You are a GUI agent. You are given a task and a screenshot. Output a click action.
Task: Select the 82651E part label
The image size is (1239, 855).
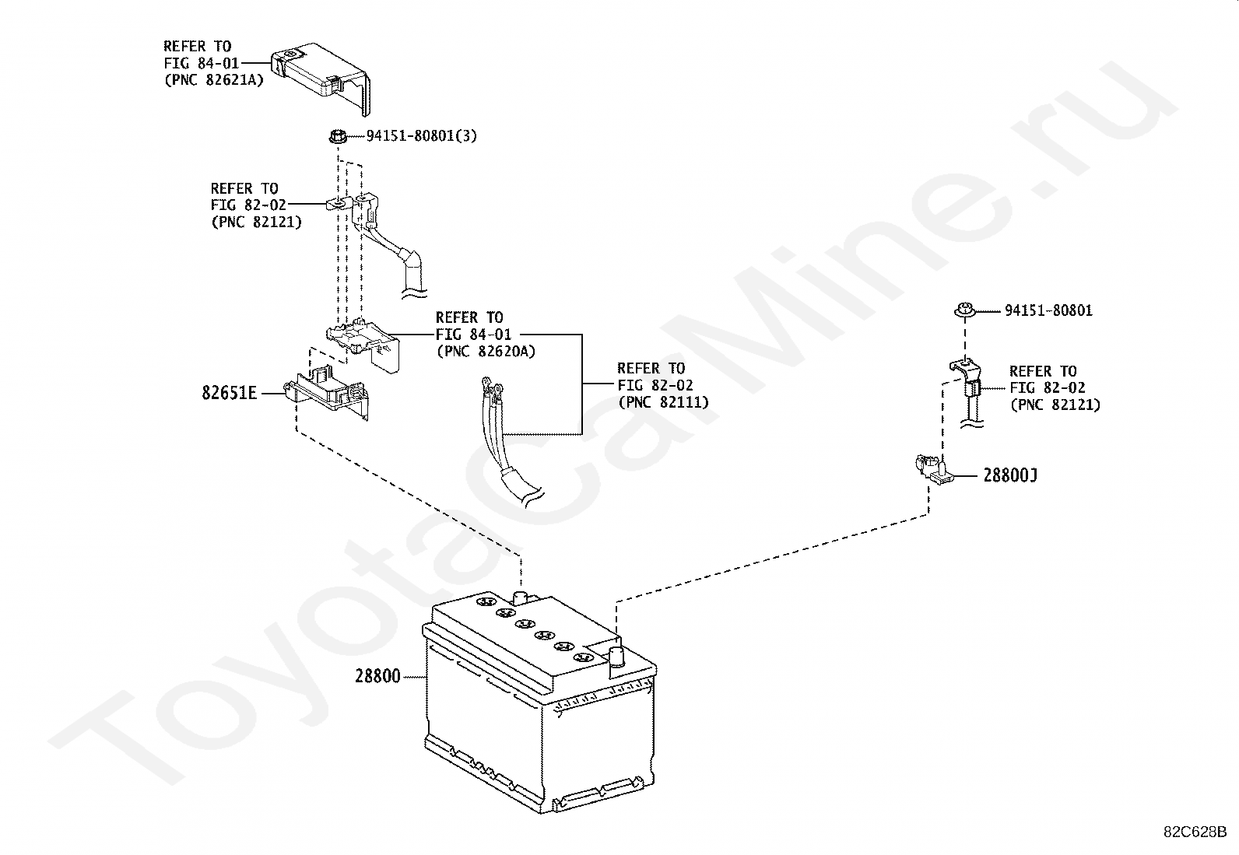click(229, 393)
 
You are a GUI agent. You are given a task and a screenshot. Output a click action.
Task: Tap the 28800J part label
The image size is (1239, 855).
click(1009, 475)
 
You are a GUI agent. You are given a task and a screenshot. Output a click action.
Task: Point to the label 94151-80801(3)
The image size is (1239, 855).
click(421, 136)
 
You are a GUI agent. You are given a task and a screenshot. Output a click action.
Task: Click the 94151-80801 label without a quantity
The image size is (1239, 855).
click(1048, 310)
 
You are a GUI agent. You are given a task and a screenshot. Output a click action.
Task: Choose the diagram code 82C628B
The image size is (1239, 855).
click(1195, 832)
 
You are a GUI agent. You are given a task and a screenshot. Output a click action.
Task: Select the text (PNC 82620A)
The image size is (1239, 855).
click(486, 352)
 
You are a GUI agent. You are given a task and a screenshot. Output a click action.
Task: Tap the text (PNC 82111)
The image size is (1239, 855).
click(663, 402)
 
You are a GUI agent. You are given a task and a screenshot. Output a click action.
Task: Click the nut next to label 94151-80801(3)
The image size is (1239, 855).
click(337, 137)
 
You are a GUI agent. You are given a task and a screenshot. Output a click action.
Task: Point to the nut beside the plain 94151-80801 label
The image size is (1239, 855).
click(965, 310)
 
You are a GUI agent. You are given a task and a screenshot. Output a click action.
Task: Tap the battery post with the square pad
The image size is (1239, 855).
click(616, 657)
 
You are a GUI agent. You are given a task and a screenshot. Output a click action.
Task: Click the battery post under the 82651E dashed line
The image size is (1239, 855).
click(521, 597)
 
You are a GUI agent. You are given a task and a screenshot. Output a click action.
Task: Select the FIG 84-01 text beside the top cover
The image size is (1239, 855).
click(201, 63)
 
